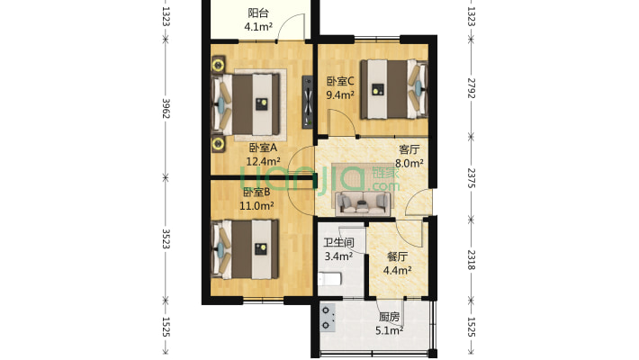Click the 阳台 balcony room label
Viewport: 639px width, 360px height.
pos(258,13)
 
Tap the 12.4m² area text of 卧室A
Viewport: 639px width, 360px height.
pos(263,161)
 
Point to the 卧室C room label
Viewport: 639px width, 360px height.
pos(340,81)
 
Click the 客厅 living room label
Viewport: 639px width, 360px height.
pos(409,149)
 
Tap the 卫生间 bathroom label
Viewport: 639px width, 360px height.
pos(338,243)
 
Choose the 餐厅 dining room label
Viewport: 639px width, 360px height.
pos(397,256)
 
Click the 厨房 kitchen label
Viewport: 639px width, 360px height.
pos(389,317)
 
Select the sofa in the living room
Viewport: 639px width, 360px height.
pos(363,203)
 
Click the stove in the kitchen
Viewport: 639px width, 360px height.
pos(328,318)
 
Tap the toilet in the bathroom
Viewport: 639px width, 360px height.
pos(329,280)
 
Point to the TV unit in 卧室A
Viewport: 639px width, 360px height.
pos(308,102)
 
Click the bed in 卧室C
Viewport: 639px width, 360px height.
pos(394,89)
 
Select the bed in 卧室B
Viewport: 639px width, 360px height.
pos(245,249)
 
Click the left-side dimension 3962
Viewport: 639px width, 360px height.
pos(166,108)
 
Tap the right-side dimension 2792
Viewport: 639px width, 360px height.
pos(471,88)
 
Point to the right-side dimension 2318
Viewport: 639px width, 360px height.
pos(471,260)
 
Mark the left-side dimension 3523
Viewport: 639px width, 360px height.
pos(166,238)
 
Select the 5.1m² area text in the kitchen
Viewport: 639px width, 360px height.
pos(389,330)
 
